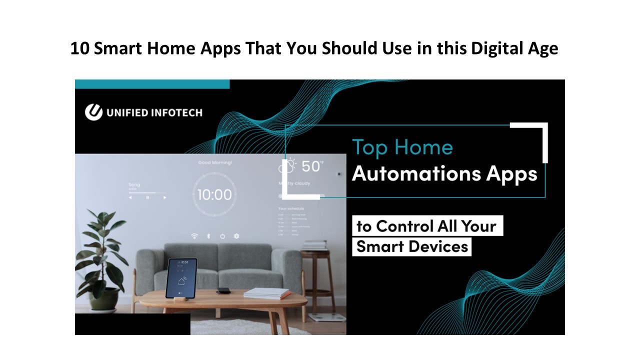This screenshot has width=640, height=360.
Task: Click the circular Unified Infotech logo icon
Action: click(x=93, y=112)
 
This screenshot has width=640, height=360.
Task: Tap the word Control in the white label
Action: click(x=404, y=226)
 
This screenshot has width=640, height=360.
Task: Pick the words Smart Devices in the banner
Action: click(x=412, y=246)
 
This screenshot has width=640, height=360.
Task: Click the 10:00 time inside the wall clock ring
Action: click(x=214, y=194)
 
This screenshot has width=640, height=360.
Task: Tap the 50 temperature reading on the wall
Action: click(x=310, y=166)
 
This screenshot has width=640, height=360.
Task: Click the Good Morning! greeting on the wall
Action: click(x=215, y=162)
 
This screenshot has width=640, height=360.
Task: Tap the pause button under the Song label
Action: click(x=147, y=197)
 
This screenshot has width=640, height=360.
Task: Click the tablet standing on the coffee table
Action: click(x=181, y=278)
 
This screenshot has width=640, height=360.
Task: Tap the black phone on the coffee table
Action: click(x=223, y=290)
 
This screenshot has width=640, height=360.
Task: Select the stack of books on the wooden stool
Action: click(x=314, y=245)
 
